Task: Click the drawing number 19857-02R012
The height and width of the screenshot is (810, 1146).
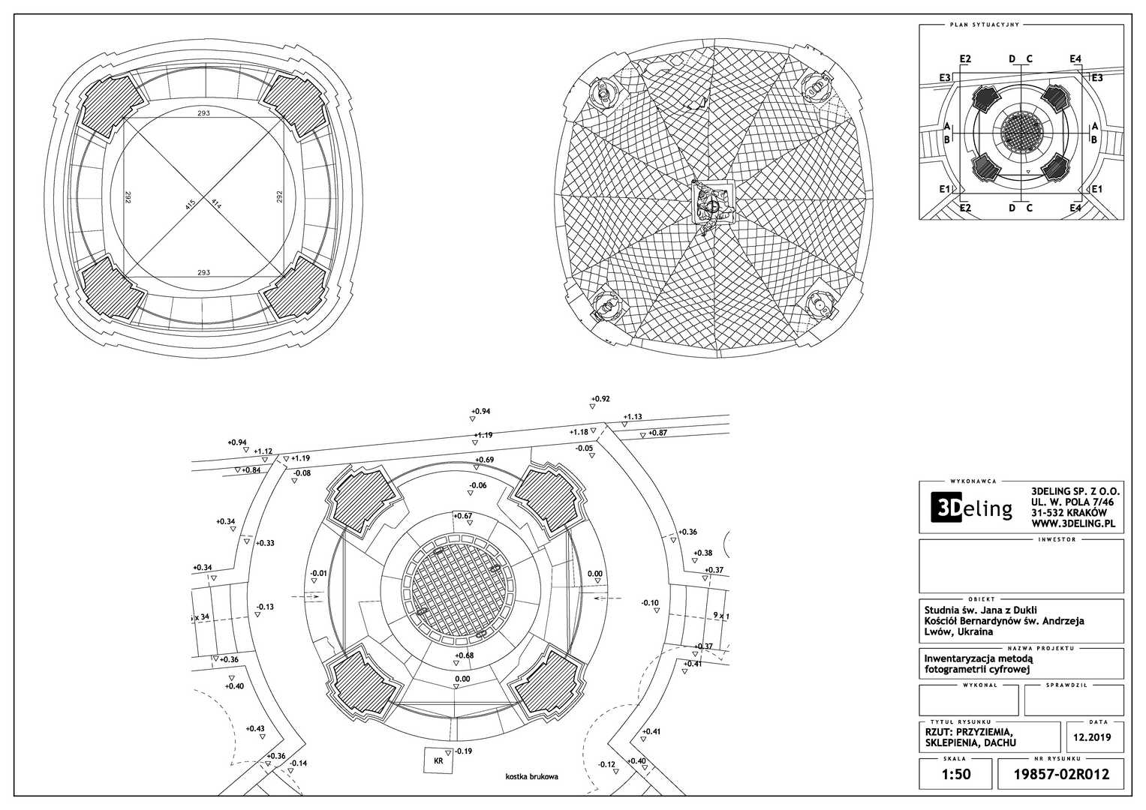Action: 1061,773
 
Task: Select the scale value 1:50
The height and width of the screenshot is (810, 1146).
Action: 955,773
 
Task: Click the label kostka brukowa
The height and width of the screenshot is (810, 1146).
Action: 531,777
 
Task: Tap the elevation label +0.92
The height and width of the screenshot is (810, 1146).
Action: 600,399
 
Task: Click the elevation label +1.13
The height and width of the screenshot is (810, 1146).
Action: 633,417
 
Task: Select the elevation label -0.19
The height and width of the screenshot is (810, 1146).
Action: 463,751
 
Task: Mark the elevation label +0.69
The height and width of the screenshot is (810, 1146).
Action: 484,460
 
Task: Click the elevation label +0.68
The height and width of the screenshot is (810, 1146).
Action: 464,655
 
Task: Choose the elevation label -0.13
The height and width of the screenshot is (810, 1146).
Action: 264,607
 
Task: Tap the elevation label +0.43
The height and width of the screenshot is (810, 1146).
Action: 255,728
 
